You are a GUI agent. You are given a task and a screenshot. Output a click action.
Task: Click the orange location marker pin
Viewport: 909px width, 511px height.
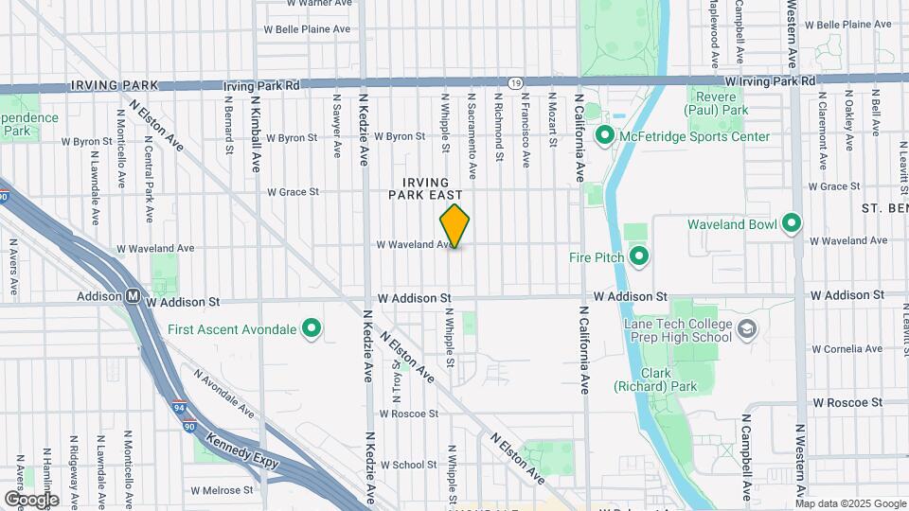pyautogui.click(x=454, y=226)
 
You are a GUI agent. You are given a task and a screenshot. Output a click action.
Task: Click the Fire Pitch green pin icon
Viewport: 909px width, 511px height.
pyautogui.click(x=639, y=256)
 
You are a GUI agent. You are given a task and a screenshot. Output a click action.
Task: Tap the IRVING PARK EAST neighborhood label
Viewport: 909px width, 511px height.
pyautogui.click(x=425, y=187)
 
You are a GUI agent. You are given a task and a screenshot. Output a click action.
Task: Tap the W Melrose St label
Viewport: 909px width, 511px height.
pyautogui.click(x=222, y=490)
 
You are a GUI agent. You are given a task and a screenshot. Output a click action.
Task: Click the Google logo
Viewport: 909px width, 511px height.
pyautogui.click(x=31, y=499)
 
